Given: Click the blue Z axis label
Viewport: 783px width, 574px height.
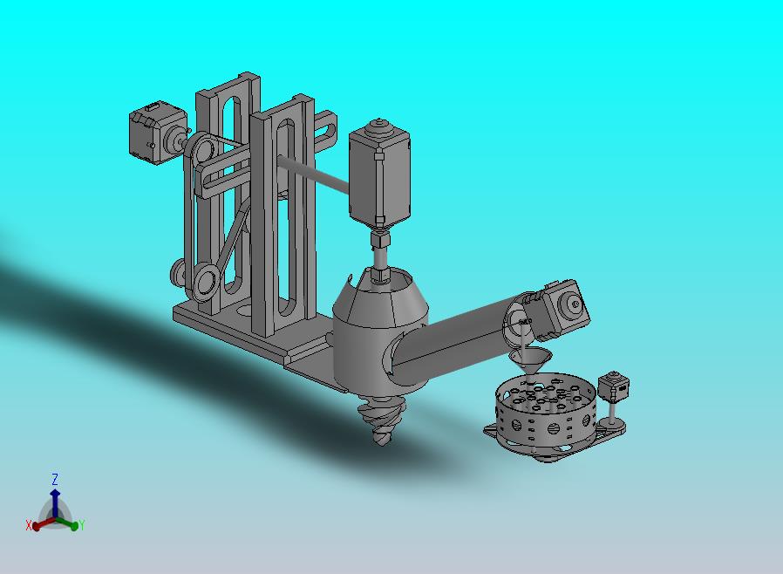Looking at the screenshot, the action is pos(54,480).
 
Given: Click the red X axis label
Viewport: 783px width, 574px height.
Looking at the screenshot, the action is pos(29,525).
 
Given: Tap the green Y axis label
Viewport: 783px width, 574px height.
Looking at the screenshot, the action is pos(81,525).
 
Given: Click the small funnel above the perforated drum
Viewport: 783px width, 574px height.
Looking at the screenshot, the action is pos(530,360).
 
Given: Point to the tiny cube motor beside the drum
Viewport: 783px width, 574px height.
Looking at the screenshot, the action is pos(613,386).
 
